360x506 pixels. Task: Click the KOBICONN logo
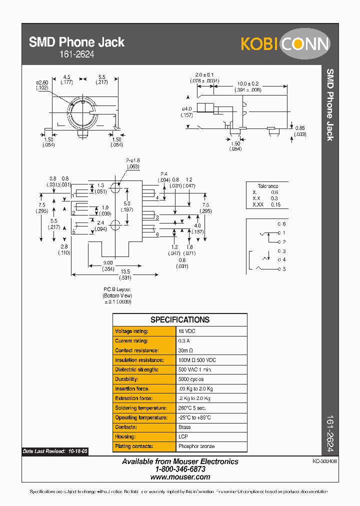(x=285, y=44)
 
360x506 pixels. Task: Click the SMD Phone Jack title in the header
(x=76, y=42)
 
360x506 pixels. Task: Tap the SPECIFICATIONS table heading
(x=180, y=320)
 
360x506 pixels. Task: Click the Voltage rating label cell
(x=132, y=331)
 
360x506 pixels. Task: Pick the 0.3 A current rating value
(x=184, y=341)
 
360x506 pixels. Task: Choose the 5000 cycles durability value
(x=191, y=379)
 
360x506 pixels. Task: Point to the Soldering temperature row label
(x=141, y=408)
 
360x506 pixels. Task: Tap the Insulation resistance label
(x=139, y=360)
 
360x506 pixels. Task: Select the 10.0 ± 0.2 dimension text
(x=248, y=83)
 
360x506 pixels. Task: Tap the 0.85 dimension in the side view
(x=300, y=128)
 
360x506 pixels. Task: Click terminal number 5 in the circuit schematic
(x=284, y=269)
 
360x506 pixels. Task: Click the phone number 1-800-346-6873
(x=180, y=469)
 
